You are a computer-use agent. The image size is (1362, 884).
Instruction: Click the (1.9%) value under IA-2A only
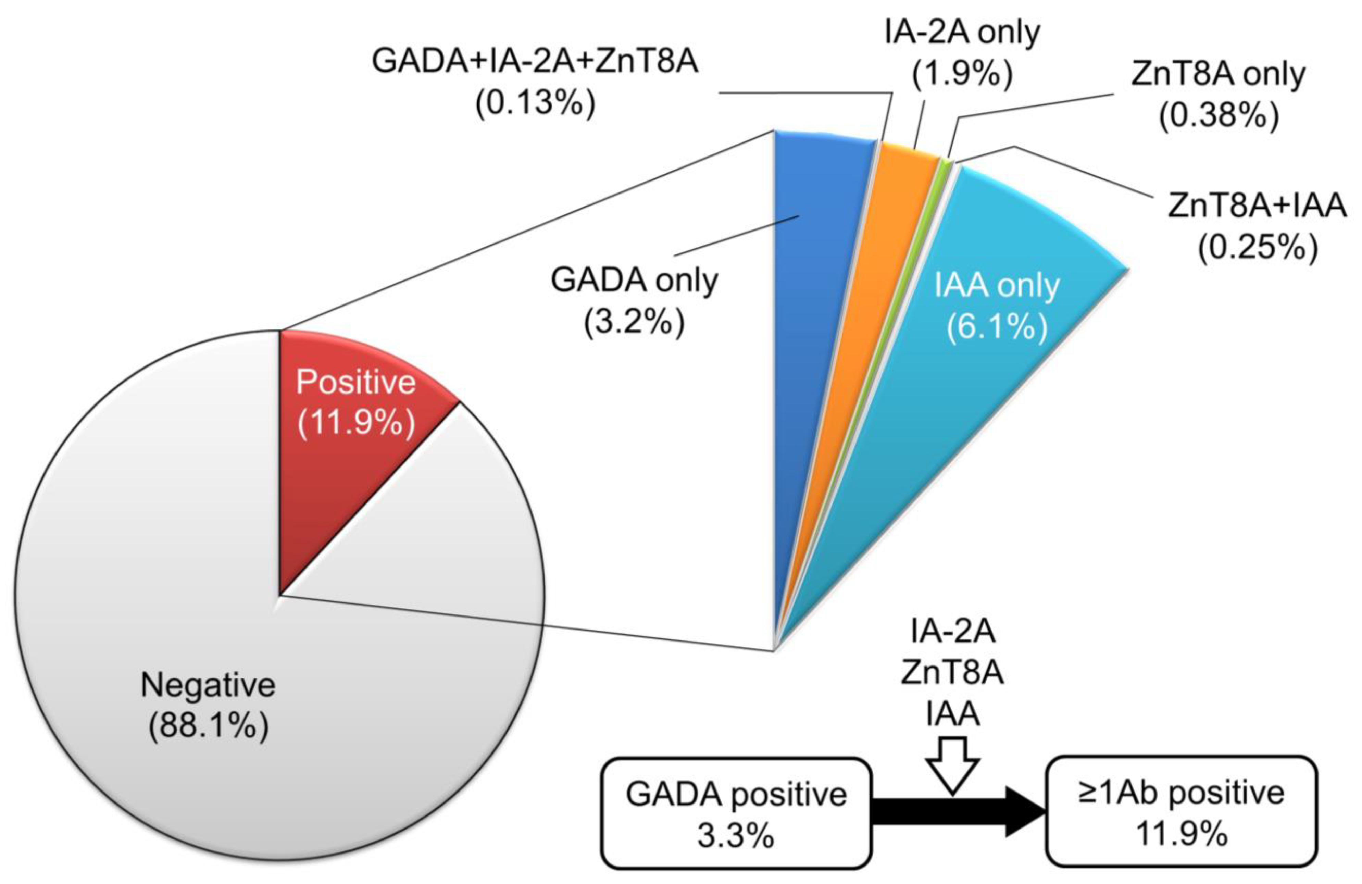[x=961, y=74]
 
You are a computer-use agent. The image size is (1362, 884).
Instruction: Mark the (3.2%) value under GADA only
[x=634, y=323]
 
